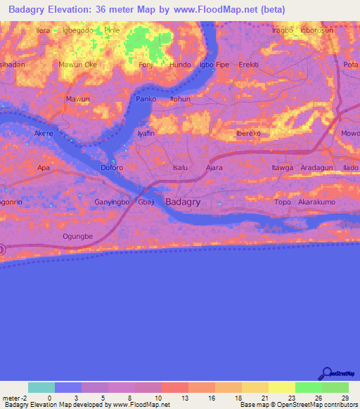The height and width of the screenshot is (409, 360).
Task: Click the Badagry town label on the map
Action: pos(184,202)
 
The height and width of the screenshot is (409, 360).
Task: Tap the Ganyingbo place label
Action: pos(110,202)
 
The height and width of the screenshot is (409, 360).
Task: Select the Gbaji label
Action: pos(146,202)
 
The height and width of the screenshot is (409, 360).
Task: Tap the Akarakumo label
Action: pos(318,202)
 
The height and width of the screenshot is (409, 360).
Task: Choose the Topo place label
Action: pos(283,202)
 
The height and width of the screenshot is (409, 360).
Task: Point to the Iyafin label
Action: pos(146,133)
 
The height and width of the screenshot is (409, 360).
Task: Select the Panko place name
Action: pos(146,99)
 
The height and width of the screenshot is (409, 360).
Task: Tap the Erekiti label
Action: pos(249,65)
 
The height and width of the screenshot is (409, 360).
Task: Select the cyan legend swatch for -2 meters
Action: pos(41,387)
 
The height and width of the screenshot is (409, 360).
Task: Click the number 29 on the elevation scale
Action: pos(345,398)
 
